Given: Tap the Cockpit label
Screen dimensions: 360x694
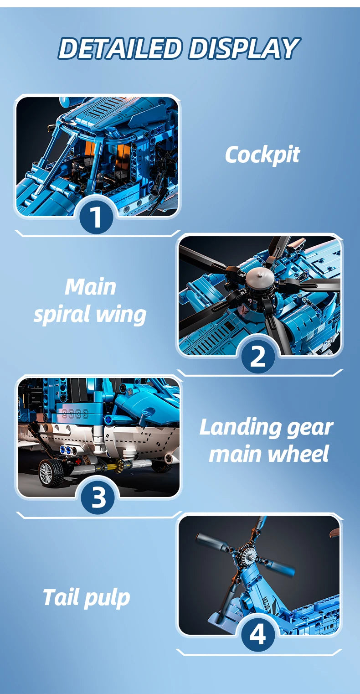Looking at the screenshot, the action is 262,155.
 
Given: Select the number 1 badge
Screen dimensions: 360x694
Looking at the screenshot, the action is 96,217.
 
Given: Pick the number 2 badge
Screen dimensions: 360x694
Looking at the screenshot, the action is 258,356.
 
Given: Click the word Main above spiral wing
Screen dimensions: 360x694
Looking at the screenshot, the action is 90,287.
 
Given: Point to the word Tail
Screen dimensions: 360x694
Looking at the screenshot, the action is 61,597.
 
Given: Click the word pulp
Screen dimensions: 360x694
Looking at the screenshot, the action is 106,599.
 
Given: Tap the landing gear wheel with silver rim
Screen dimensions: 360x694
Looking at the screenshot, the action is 51,473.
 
